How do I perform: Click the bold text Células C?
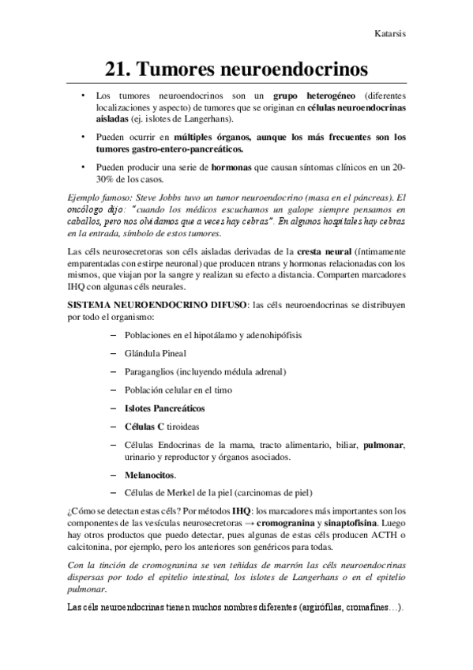pos(144,427)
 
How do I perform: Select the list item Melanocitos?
pos(150,476)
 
